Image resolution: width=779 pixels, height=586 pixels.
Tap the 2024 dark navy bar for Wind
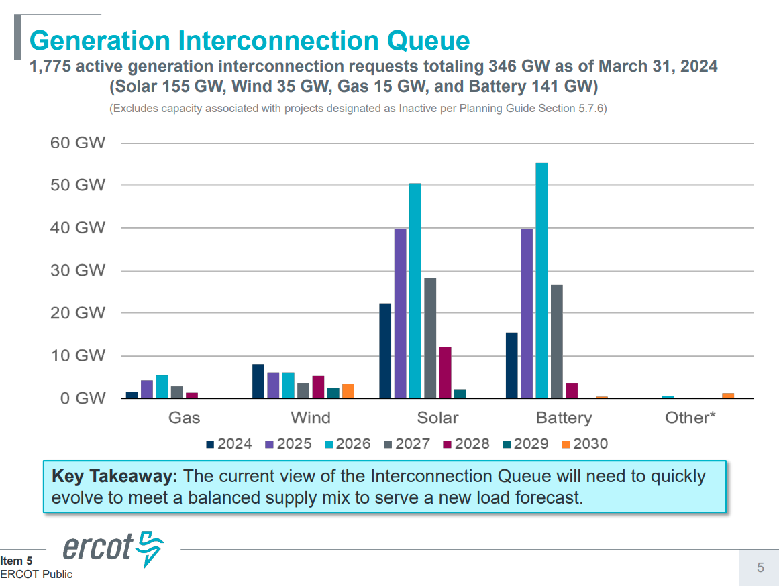click(258, 381)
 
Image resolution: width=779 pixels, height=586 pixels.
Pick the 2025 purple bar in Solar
click(400, 313)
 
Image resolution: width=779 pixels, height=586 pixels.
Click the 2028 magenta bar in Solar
click(445, 372)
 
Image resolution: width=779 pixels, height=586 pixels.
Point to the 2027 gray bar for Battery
click(556, 341)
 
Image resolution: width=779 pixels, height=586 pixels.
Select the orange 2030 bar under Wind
click(348, 391)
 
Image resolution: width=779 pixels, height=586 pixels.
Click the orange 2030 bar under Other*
click(728, 396)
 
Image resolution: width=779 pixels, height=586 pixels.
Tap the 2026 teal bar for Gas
click(162, 387)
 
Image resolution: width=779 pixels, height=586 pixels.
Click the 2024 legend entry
click(229, 444)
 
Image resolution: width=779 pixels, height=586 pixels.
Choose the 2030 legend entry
click(584, 444)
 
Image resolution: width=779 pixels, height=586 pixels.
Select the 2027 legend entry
click(407, 444)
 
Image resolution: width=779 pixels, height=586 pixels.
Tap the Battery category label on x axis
click(564, 418)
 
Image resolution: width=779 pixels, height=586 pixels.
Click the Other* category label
click(690, 418)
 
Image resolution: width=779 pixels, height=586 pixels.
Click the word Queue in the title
click(424, 40)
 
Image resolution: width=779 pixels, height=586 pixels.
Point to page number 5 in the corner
click(760, 568)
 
